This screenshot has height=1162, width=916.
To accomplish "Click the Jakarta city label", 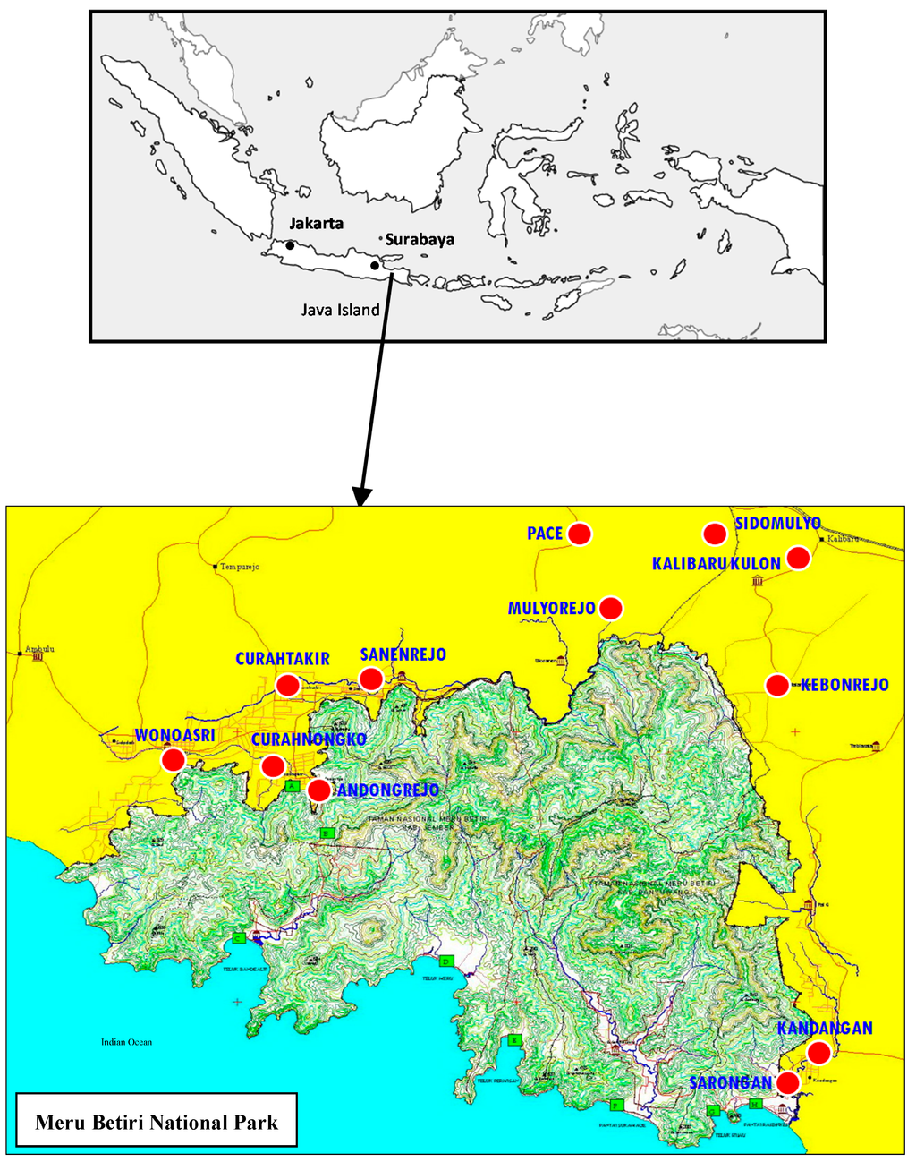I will (x=316, y=223).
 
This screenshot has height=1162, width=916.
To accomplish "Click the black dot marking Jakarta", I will (x=291, y=244).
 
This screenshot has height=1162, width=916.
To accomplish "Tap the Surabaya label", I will (x=420, y=239).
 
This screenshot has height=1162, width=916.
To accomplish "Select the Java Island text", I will (x=340, y=311).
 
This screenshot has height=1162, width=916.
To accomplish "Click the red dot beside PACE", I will (x=580, y=534).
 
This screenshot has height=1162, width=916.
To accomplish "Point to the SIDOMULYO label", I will (x=777, y=523).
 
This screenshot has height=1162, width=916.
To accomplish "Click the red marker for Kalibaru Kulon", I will (x=798, y=558).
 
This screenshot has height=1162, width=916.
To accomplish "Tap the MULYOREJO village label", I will (x=551, y=609).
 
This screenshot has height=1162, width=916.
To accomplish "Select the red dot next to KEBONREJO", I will (x=777, y=685).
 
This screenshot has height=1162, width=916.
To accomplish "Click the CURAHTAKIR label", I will (x=282, y=659).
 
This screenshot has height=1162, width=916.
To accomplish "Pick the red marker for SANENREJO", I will (x=371, y=679).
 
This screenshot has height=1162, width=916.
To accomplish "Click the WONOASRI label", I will (x=174, y=736).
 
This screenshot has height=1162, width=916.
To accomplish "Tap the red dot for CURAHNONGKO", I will (x=273, y=766).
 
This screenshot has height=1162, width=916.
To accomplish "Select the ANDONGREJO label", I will (x=387, y=790).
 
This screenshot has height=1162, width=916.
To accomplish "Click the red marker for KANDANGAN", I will (x=818, y=1052).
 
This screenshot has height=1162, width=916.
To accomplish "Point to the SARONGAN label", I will (x=730, y=1083).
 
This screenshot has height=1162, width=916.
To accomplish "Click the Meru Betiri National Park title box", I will (x=157, y=1122).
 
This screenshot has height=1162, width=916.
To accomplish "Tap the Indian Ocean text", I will (x=126, y=1042).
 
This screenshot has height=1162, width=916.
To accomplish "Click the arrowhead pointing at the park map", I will (x=361, y=497).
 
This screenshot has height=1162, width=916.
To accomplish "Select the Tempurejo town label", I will (x=240, y=568).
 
